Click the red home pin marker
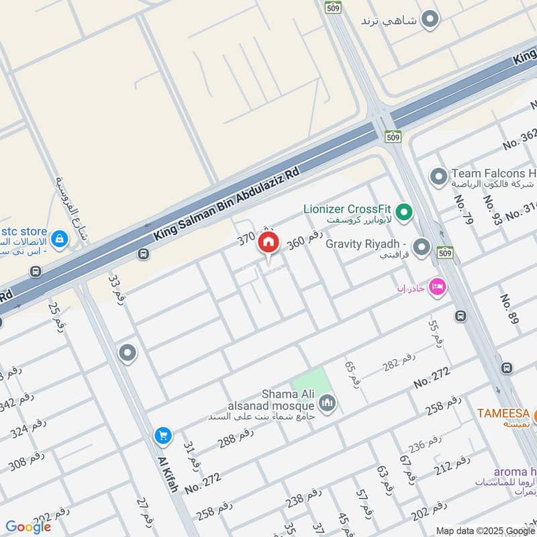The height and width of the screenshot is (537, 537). click(268, 244)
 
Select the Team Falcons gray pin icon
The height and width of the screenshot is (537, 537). click(438, 177)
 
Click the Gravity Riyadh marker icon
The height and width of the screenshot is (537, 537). click(422, 248)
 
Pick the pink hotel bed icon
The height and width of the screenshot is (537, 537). click(437, 286)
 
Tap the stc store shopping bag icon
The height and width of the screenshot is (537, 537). click(59, 238)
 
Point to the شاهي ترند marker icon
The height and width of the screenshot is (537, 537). click(430, 19)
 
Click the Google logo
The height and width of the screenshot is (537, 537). click(28, 527)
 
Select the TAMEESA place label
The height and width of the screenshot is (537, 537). click(503, 413)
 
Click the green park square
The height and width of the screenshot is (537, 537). click(312, 382)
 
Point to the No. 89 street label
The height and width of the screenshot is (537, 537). click(508, 309)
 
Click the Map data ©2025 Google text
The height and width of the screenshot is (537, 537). click(484, 530)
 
